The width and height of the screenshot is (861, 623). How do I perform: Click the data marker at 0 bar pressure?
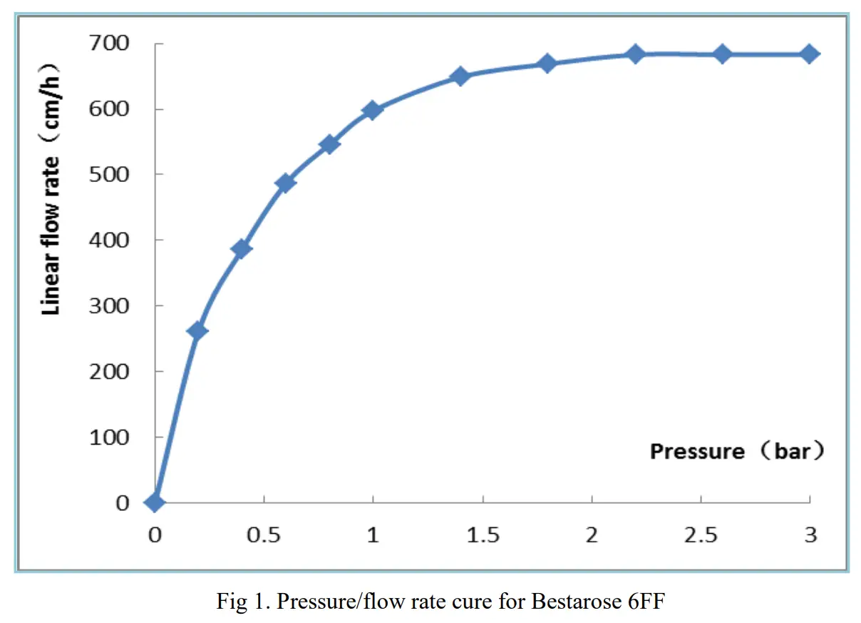tap(155, 502)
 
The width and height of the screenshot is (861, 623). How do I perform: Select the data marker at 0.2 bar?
tap(197, 330)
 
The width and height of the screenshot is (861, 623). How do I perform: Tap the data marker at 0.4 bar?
tap(241, 248)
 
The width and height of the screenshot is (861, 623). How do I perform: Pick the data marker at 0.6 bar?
tap(285, 183)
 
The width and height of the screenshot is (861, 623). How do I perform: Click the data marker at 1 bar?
tap(372, 110)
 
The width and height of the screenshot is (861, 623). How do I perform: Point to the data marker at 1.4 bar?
tap(460, 76)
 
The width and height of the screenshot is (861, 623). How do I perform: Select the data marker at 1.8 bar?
tap(547, 64)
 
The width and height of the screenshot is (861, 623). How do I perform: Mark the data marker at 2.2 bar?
tap(635, 54)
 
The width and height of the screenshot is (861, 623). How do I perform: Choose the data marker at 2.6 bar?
tap(722, 54)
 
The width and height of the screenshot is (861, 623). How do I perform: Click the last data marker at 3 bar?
tap(809, 54)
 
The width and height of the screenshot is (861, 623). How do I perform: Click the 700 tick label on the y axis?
tap(110, 44)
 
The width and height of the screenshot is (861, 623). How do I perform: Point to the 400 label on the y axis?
tap(110, 240)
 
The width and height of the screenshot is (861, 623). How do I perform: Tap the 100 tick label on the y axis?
tap(110, 437)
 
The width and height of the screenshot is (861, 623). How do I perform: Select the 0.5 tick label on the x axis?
tap(264, 535)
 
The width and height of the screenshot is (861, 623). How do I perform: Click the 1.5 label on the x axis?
tap(483, 535)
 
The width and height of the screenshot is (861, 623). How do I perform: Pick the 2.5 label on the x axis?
tap(701, 535)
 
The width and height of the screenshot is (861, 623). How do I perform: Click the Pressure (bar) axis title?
tap(737, 451)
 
